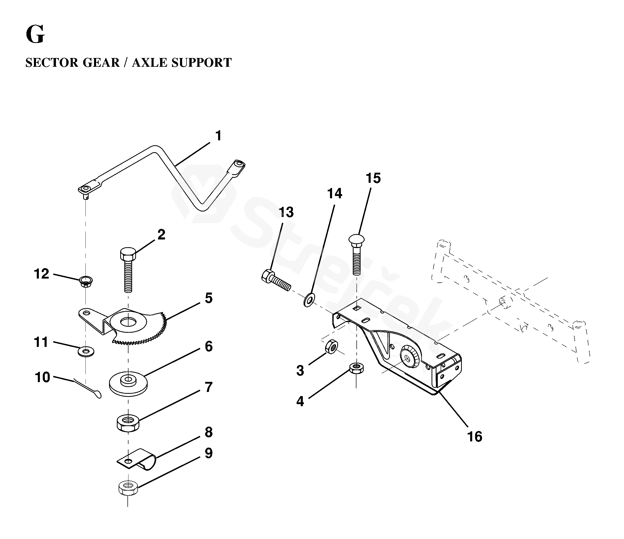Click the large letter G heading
point(35,35)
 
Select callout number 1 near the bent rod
point(218,136)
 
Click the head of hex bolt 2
point(128,254)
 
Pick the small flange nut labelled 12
point(86,282)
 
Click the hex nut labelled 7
point(128,423)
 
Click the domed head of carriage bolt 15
point(357,239)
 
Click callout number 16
point(474,437)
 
